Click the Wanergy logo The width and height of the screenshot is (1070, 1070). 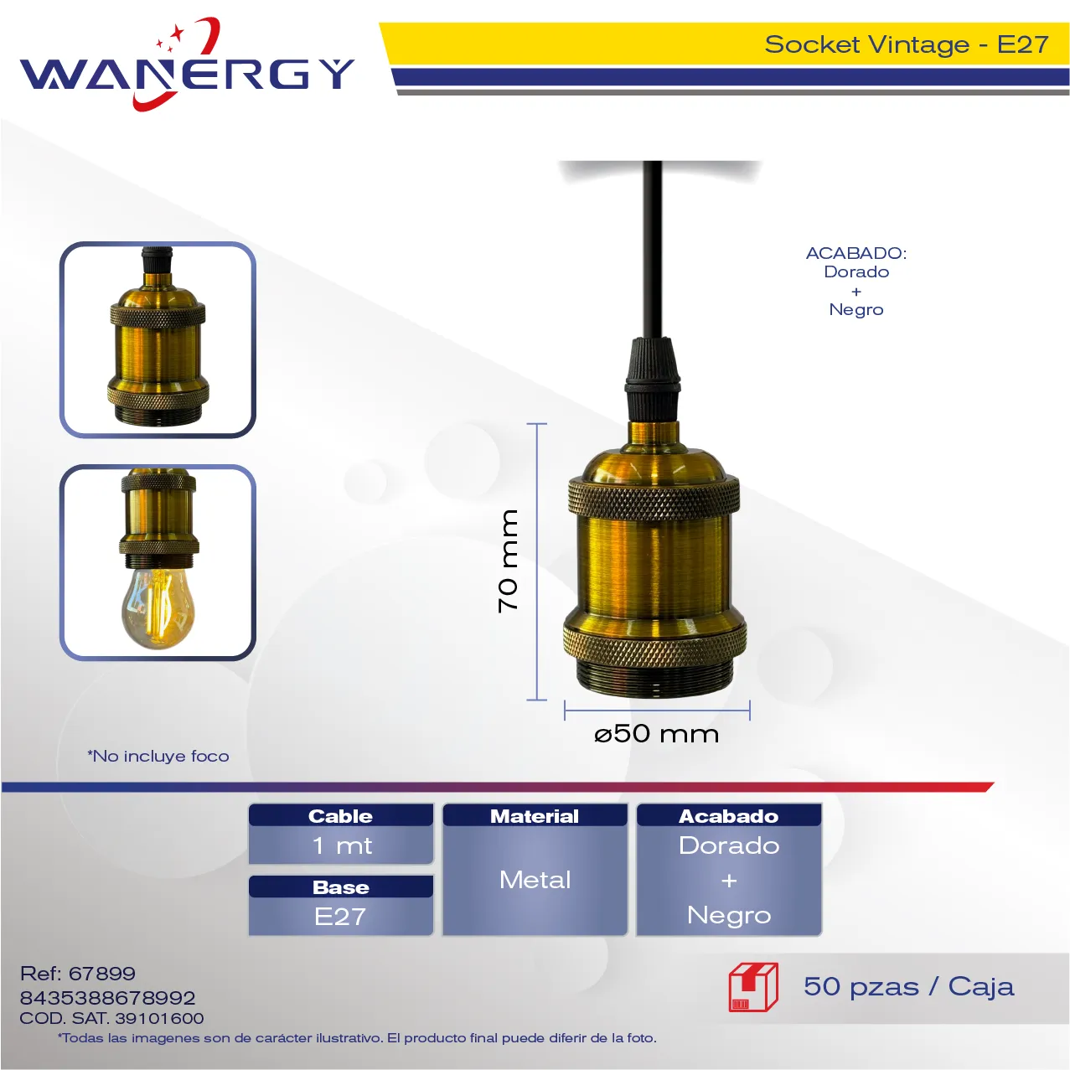click(x=187, y=64)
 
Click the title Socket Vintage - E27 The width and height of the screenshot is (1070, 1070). click(x=907, y=44)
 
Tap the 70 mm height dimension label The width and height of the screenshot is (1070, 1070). click(x=508, y=561)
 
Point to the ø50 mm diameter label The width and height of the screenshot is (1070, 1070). click(x=656, y=734)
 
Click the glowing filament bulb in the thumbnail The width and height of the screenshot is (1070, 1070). click(x=158, y=607)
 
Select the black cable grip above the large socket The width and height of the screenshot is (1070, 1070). click(x=654, y=378)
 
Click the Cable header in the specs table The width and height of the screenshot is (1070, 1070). click(x=340, y=815)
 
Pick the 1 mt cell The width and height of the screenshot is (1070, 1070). click(x=340, y=845)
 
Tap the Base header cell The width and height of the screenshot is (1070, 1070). click(x=340, y=886)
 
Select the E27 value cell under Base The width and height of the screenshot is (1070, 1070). click(x=340, y=916)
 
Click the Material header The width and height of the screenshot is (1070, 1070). click(x=535, y=815)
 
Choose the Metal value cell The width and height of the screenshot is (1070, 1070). click(x=535, y=880)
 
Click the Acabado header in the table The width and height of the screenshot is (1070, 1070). click(x=728, y=815)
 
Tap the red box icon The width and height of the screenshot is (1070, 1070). click(x=753, y=987)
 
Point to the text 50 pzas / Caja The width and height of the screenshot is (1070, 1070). click(x=909, y=987)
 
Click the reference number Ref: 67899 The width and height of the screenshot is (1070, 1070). click(x=78, y=974)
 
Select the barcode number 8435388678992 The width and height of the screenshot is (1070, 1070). click(x=108, y=998)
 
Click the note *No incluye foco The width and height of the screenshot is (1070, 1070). click(x=158, y=756)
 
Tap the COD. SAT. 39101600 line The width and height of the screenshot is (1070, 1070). click(x=111, y=1018)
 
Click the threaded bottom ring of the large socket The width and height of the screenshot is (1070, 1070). click(x=655, y=679)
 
